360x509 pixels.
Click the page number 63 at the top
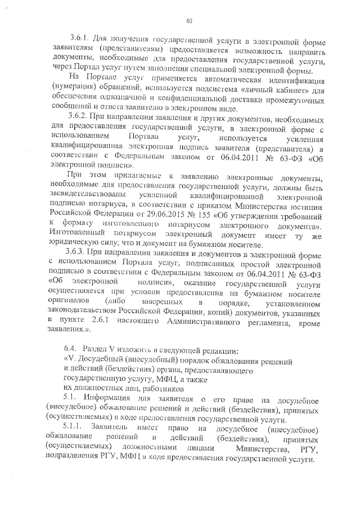coord(190,21)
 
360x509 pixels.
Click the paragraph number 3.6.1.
coord(80,40)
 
